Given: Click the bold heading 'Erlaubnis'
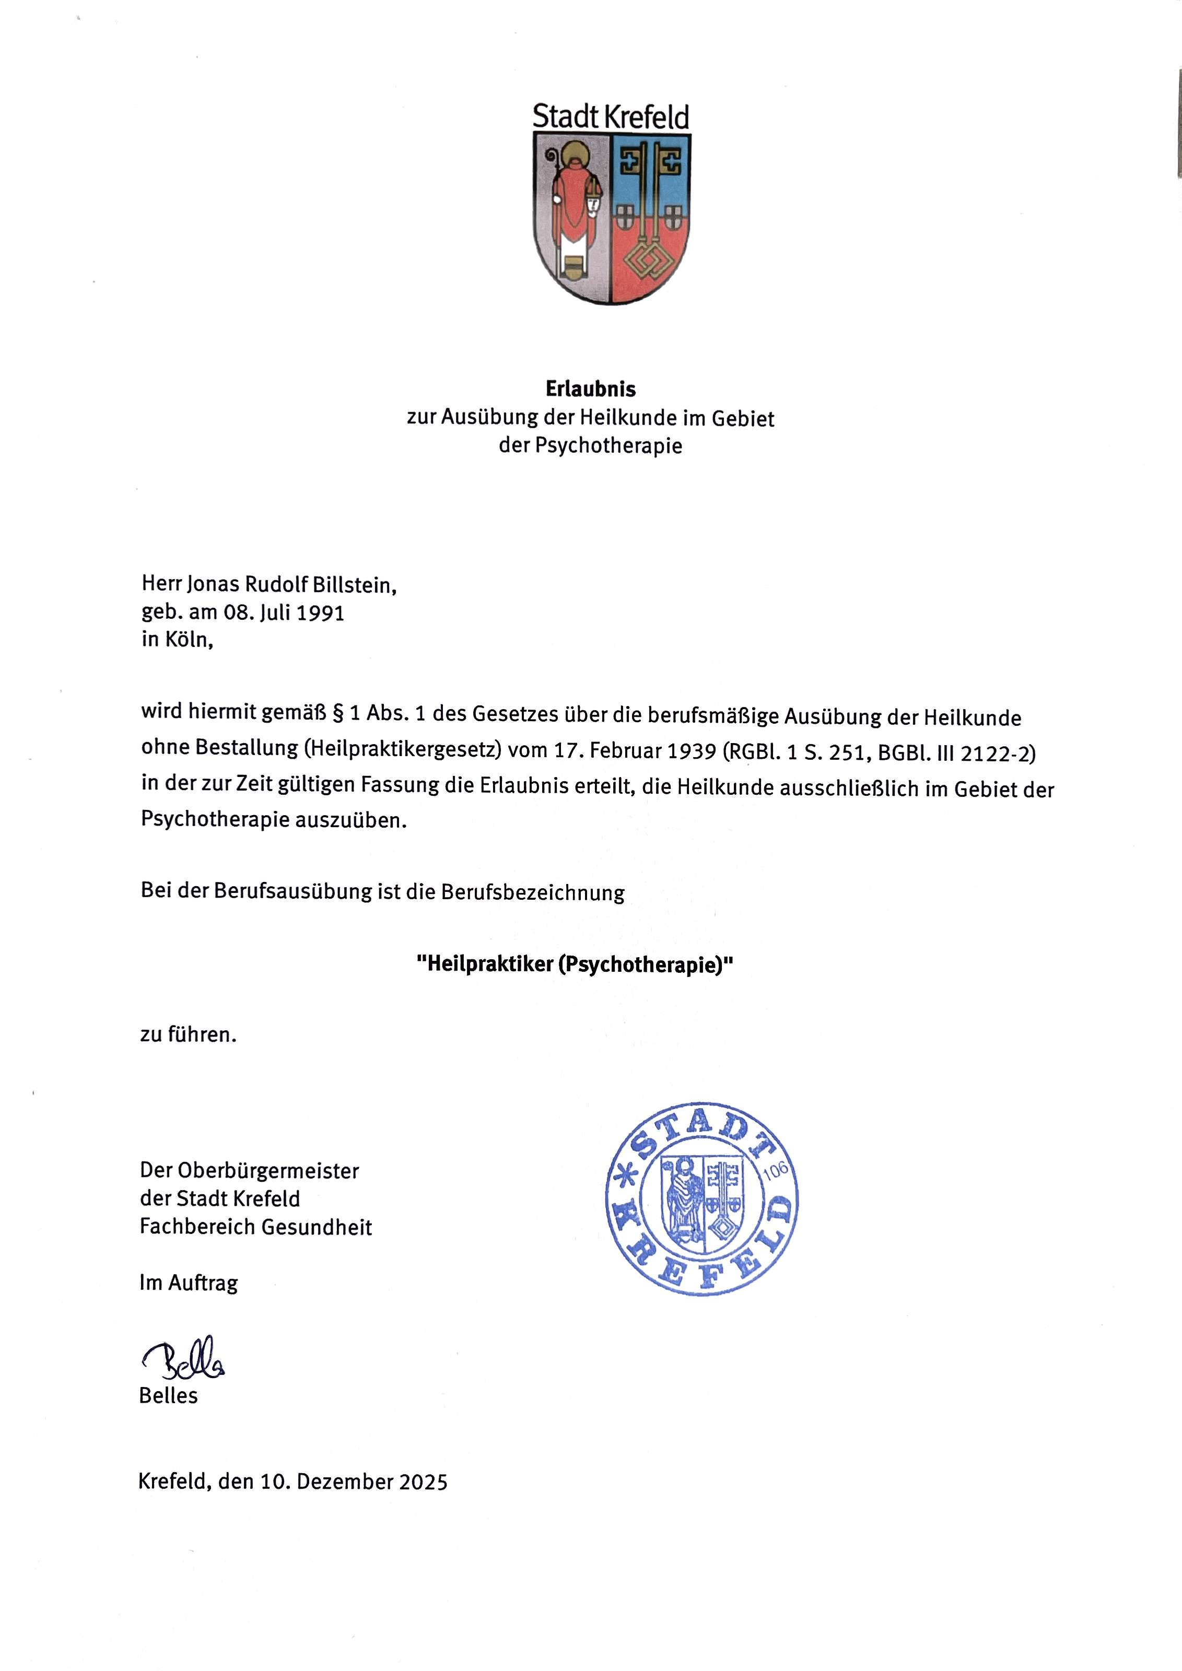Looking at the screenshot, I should (x=590, y=390).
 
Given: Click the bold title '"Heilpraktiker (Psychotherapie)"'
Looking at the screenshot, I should (x=574, y=965).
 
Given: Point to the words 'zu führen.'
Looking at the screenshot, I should (x=189, y=1034).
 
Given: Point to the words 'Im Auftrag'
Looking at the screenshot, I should (x=189, y=1283).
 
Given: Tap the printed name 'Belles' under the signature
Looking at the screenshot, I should (x=168, y=1396).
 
